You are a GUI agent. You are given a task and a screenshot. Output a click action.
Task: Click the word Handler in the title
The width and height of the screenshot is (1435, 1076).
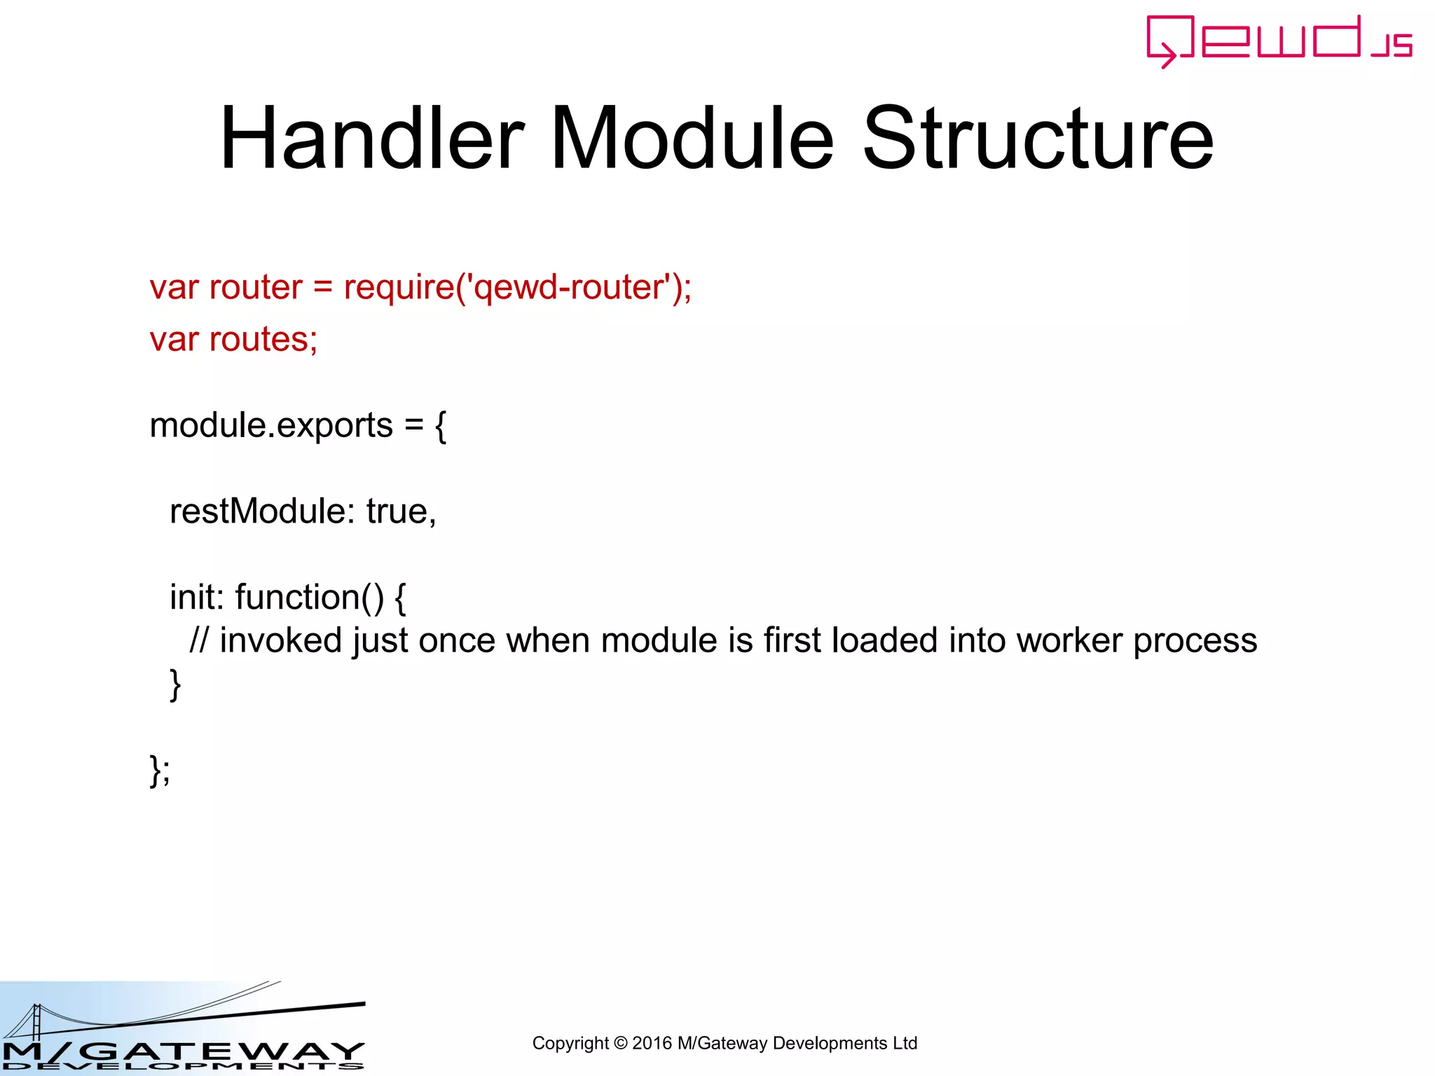(x=372, y=138)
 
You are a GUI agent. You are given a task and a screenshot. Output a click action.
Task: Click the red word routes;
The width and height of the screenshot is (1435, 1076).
(x=263, y=340)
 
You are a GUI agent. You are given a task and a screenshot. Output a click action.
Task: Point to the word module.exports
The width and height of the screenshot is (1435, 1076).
(x=271, y=426)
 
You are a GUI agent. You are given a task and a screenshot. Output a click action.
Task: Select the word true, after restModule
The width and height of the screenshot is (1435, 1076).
(x=401, y=511)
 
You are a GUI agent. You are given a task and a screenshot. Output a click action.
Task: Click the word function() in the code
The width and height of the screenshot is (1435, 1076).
(x=309, y=598)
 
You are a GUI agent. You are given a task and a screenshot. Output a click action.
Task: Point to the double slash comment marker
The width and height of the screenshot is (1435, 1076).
(x=199, y=640)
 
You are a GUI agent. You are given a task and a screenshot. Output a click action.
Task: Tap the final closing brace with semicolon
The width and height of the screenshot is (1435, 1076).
(x=159, y=771)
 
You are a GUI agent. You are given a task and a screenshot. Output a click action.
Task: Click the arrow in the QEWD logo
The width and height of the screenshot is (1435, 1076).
(x=1166, y=54)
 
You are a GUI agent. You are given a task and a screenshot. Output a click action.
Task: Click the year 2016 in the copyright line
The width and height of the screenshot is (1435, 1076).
(x=652, y=1043)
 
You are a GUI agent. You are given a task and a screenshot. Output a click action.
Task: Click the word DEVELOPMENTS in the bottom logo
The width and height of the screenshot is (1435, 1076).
(x=182, y=1066)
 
